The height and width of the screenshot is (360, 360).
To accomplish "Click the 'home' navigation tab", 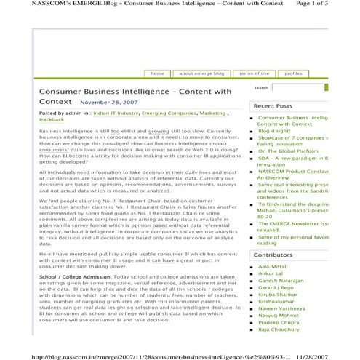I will coord(157,73).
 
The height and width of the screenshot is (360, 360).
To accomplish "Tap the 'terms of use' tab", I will coord(254,73).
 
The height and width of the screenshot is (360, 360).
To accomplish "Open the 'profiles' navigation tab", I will coord(293,73).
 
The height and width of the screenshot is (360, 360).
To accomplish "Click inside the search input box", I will coord(297,88).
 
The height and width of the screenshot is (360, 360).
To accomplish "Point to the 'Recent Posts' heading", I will coord(273,106).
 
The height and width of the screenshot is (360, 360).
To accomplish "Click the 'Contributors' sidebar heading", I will coord(273,255).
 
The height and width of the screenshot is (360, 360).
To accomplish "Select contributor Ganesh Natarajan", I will coord(281,281).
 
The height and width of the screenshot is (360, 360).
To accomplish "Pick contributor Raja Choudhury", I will coord(279,329).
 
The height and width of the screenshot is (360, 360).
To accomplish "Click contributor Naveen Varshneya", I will coord(282,309).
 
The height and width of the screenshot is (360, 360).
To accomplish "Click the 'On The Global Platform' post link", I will coord(288,151).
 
